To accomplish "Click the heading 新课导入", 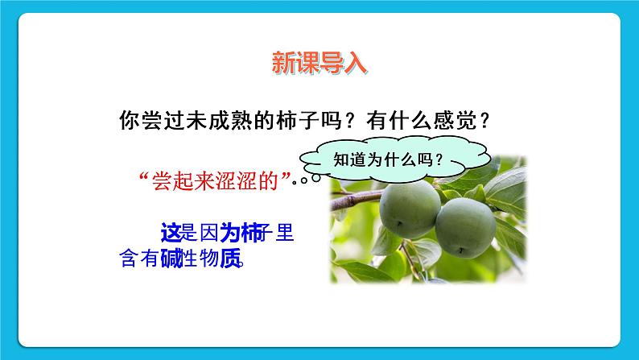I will click(319, 64).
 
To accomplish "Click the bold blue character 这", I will click(170, 234).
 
